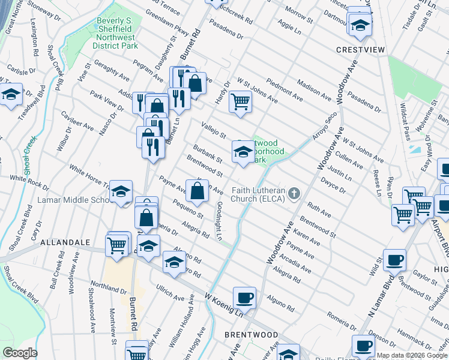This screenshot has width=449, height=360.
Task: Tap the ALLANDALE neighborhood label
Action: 64,242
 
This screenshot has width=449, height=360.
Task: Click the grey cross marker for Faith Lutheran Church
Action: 294,193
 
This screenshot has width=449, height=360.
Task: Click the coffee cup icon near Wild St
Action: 394,260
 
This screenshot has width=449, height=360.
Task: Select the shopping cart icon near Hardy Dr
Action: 240,101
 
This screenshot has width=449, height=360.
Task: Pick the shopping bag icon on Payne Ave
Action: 197,191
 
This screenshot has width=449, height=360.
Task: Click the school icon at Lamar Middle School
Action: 121,192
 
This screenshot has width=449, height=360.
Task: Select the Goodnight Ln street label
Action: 220,220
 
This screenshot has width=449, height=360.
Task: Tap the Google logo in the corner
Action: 20,353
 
